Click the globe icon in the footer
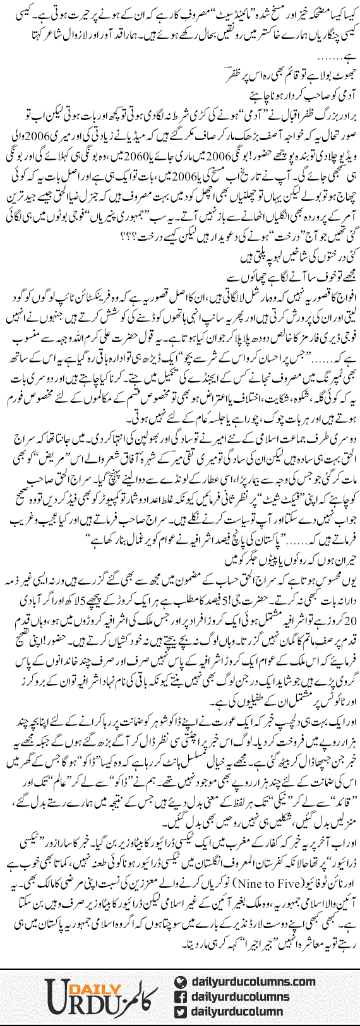click(x=180, y=981)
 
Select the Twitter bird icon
click(x=180, y=1011)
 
